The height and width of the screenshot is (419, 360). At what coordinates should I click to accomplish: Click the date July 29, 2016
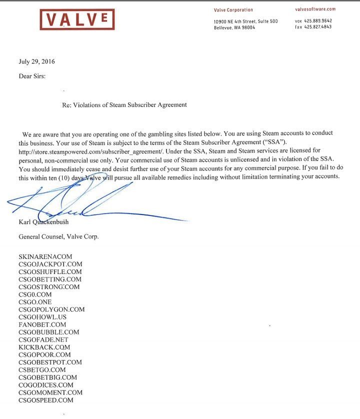[36, 62]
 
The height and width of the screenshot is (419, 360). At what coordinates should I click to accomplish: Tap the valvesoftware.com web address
[315, 9]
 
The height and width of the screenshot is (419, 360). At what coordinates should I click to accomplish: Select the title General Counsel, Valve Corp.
[58, 236]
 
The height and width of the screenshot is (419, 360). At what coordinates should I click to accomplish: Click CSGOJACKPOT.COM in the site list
[50, 264]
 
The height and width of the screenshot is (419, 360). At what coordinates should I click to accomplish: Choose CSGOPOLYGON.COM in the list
[51, 309]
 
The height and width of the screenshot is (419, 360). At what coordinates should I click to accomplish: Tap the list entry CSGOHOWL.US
[42, 317]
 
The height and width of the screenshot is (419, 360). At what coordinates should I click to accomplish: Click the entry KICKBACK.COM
[44, 347]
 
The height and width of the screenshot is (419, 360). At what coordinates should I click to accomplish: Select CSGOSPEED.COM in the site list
[45, 400]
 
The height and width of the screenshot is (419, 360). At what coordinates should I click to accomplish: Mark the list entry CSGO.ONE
[35, 302]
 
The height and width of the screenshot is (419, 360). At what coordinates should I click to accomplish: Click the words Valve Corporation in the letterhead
[233, 10]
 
